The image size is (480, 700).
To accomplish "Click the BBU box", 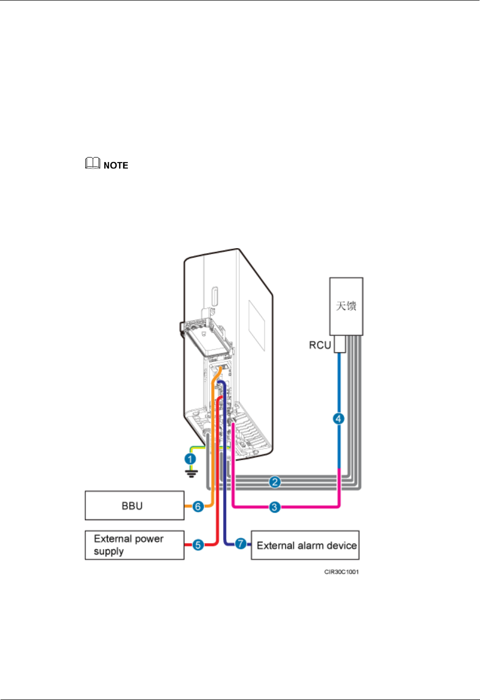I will coord(134,505).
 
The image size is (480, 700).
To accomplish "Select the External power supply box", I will coord(134,545).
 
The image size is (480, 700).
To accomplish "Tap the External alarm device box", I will coord(305,545).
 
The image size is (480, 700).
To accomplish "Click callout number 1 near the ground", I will coord(190,459).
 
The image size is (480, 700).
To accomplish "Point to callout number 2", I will coord(275,482).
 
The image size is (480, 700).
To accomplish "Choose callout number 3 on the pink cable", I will coord(274,507).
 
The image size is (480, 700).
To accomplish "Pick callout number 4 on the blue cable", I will coord(338,419).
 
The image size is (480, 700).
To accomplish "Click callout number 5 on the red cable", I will coord(198,545).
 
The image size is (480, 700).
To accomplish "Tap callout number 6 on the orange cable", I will coord(198,506).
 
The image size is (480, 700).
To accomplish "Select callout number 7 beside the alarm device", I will coord(240,544).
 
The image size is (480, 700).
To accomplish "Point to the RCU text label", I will coord(320,345).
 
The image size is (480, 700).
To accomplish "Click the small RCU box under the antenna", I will coord(340,344).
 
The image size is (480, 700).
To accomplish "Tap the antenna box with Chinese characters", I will coord(346,306).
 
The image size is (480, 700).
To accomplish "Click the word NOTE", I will coord(116,165).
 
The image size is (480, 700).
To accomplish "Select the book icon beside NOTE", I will coord(93,163).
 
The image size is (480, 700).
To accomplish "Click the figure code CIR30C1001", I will coord(341,572).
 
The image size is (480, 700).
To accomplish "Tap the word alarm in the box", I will coord(310,545).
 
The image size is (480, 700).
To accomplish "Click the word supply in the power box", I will coord(109,551).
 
